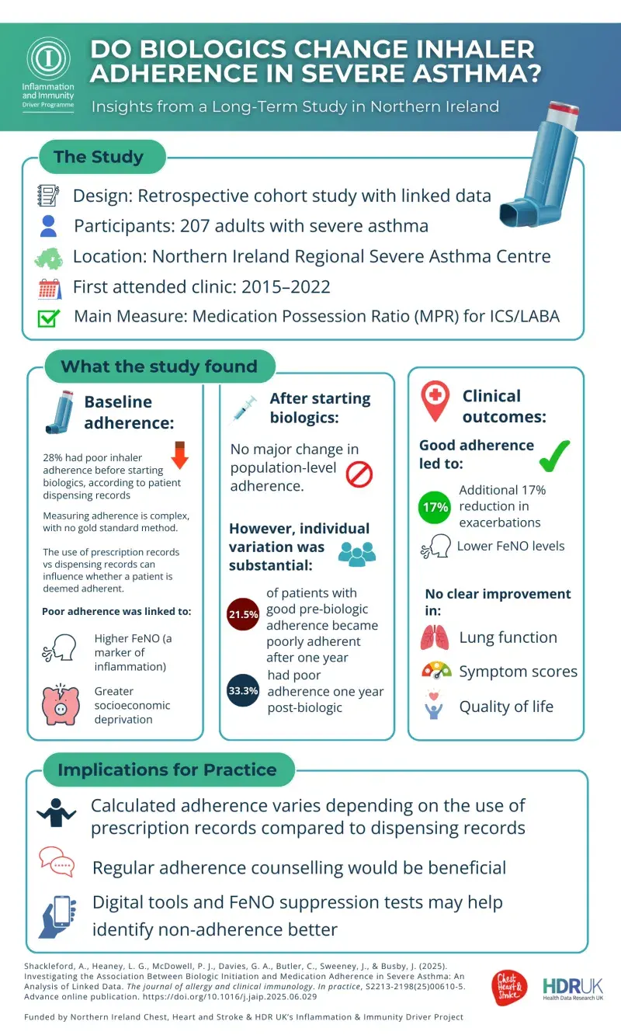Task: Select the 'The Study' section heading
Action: (100, 157)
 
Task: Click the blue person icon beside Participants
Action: (49, 226)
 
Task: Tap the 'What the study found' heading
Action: (159, 366)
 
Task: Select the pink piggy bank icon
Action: (61, 704)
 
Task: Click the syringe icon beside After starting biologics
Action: (245, 409)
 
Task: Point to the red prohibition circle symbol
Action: (359, 474)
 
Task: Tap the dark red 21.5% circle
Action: (242, 614)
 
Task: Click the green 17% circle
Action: (435, 507)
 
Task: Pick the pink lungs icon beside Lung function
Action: (435, 637)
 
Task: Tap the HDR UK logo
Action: (573, 988)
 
